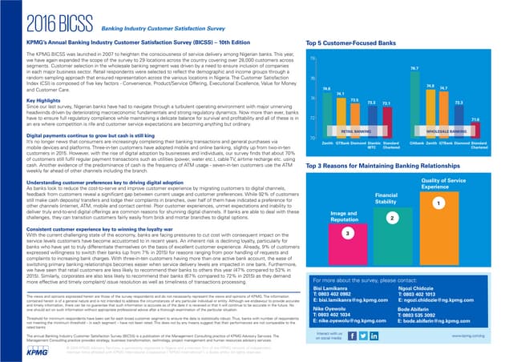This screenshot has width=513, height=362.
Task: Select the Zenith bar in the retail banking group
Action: coord(327,112)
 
